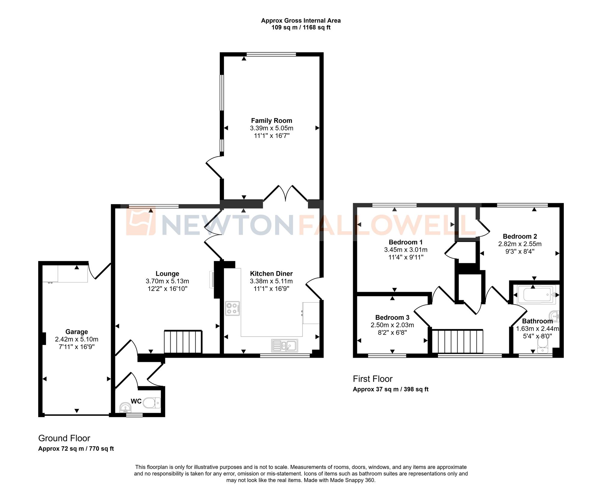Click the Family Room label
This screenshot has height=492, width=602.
[x=272, y=121]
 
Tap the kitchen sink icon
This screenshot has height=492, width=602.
[x=284, y=346]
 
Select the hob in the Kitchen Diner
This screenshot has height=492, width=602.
[x=233, y=308]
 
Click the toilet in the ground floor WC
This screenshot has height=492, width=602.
[x=152, y=403]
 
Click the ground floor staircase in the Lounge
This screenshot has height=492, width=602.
[x=183, y=342]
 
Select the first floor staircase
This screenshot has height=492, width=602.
[x=457, y=341]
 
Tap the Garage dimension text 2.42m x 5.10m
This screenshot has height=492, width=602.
[x=76, y=339]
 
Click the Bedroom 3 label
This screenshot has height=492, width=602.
[x=392, y=317]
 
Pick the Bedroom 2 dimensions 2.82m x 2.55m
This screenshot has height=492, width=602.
[x=520, y=244]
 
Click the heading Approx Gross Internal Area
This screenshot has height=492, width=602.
[x=301, y=20]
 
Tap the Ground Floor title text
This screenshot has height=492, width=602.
[x=64, y=438]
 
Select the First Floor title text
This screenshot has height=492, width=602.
[x=373, y=379]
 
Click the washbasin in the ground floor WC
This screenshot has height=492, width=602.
[x=125, y=408]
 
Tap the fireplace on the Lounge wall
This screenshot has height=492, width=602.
[x=212, y=279]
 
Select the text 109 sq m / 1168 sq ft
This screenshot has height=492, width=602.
[x=301, y=27]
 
